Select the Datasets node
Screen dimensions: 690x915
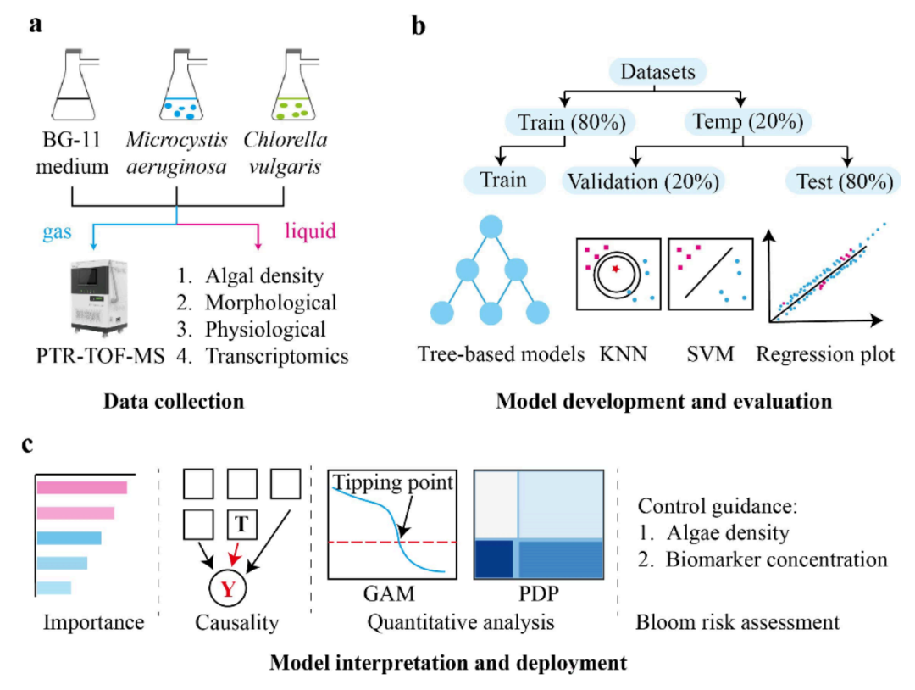tap(658, 73)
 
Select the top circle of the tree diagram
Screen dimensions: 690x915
tap(489, 228)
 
